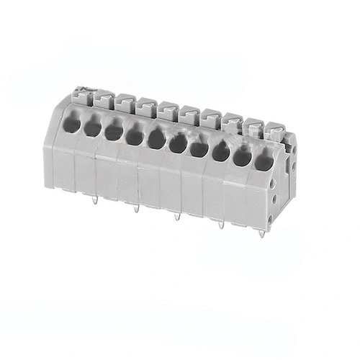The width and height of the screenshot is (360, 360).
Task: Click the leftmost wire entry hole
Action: tap(71, 124)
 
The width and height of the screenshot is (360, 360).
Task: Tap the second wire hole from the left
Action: tap(92, 128)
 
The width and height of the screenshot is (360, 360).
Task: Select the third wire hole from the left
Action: tap(114, 132)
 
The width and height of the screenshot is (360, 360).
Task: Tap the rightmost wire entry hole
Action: tap(264, 162)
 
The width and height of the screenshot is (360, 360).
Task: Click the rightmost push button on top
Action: tap(274, 131)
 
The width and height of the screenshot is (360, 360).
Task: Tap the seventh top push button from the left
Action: tap(211, 119)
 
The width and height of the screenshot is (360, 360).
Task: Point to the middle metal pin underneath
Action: tap(177, 215)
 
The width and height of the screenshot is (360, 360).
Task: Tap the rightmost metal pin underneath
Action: tap(261, 232)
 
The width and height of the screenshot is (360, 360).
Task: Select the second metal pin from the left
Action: tap(135, 208)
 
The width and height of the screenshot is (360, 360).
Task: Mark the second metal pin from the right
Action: tap(220, 224)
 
